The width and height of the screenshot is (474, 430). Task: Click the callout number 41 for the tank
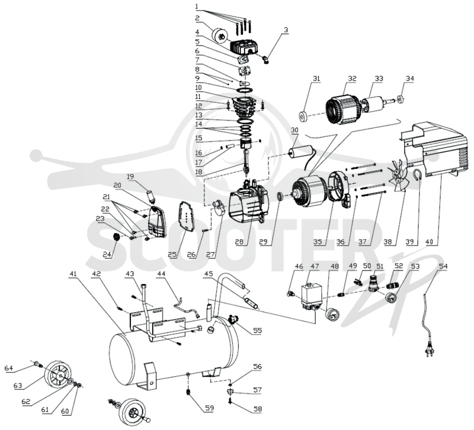tap(73, 274)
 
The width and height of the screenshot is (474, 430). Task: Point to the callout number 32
tap(352, 79)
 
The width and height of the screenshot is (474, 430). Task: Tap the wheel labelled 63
tap(59, 374)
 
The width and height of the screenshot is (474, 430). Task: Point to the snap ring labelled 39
tap(418, 176)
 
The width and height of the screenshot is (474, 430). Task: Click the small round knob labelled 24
tap(116, 237)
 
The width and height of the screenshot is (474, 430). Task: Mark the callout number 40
tap(430, 242)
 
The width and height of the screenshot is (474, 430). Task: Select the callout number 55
tap(257, 330)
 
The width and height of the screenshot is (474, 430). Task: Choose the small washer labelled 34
tap(401, 99)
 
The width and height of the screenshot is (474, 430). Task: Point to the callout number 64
tap(9, 368)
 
